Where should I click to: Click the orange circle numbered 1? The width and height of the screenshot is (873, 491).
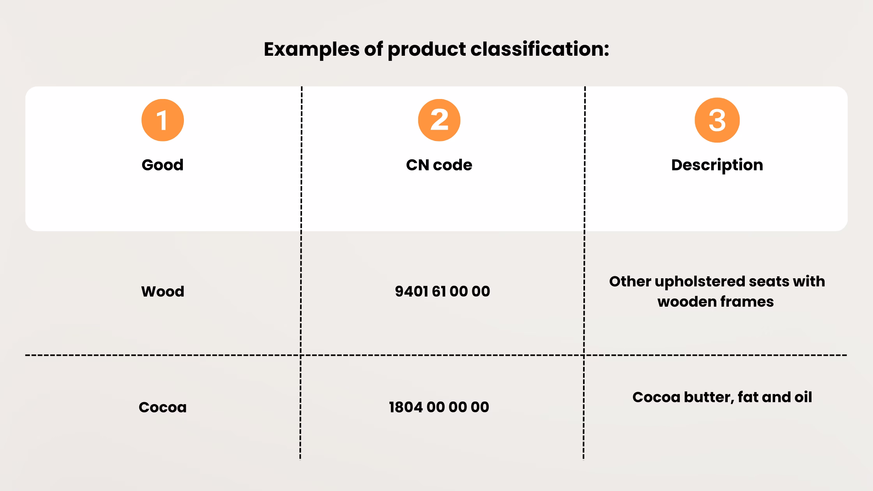(x=163, y=120)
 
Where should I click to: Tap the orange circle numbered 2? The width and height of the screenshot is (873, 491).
(x=439, y=120)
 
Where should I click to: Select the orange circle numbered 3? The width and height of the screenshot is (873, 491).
(x=717, y=120)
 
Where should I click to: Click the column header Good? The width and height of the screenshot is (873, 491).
(x=163, y=165)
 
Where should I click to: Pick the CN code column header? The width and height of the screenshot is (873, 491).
(x=439, y=165)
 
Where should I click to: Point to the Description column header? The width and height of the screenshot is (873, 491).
(x=717, y=165)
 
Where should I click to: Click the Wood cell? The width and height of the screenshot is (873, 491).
(x=163, y=291)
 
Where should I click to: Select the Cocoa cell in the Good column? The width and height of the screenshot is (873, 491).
(x=163, y=407)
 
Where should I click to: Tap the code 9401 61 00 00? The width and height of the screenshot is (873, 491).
(x=442, y=291)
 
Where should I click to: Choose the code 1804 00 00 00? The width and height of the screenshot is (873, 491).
(x=439, y=407)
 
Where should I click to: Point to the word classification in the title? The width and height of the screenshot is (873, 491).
(x=540, y=49)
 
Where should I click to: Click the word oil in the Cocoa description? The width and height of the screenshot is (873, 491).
(x=803, y=397)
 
